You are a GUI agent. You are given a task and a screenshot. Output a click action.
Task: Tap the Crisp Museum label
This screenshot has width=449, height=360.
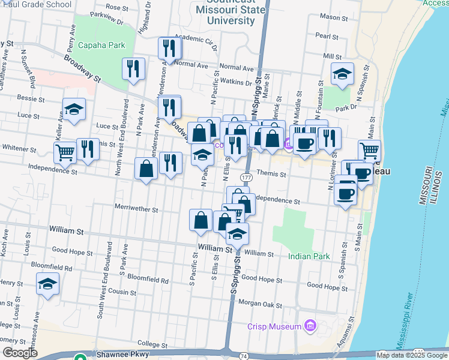coord(274,326)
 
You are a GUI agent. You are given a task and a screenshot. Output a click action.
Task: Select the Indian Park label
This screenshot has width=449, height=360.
coord(309,256)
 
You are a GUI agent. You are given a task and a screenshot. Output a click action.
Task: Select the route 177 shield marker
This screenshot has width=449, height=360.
coord(247,178)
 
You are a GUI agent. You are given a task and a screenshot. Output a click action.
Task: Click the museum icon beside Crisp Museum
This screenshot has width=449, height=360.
coord(310,326)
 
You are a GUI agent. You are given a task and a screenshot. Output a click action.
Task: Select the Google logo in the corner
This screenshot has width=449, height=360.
coord(20,353)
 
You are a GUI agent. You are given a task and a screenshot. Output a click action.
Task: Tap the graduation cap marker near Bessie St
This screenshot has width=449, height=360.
coord(74,109)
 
